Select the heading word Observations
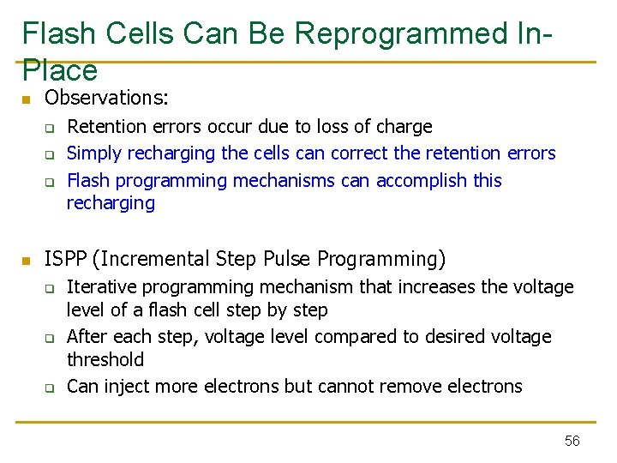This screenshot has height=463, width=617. tap(106, 99)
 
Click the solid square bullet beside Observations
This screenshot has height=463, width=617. tap(27, 100)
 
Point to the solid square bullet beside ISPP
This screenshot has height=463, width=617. tap(27, 260)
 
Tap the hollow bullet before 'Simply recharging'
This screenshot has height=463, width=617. tap(50, 155)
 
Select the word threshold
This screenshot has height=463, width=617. tap(105, 359)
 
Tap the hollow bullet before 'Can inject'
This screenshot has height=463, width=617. tap(50, 388)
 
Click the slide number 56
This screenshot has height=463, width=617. tap(572, 441)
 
